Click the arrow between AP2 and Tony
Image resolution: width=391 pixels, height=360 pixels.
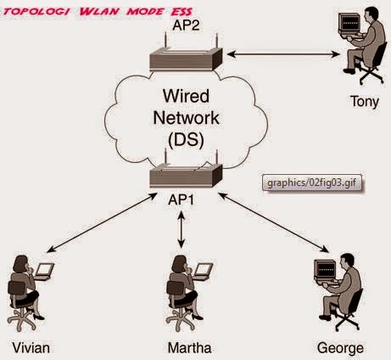tap(280, 53)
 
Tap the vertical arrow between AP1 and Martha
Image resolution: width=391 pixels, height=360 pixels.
tap(180, 228)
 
